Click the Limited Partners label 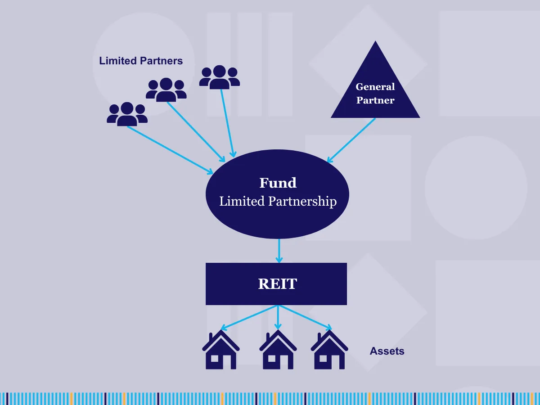(x=141, y=61)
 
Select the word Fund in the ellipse (x=278, y=183)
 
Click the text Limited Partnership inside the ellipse (x=278, y=201)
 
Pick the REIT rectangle (x=276, y=284)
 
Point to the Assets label (x=387, y=351)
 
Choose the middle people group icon (x=166, y=89)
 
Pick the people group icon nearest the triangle (x=220, y=76)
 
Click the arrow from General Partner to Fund (x=351, y=140)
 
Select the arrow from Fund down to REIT (x=279, y=250)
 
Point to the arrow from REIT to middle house (x=278, y=317)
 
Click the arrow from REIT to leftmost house (x=250, y=317)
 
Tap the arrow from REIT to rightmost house (x=305, y=317)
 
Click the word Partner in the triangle (x=375, y=100)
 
